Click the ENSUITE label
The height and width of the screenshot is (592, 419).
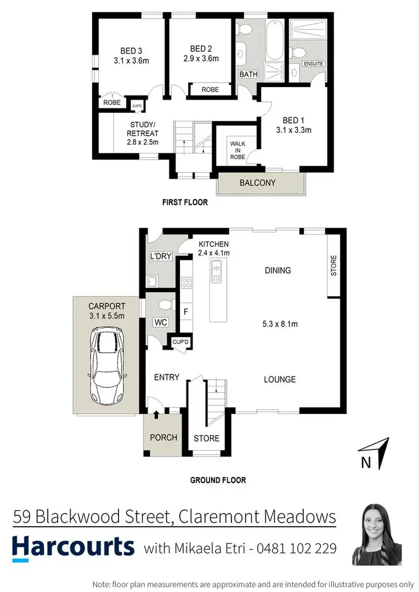pos(313,64)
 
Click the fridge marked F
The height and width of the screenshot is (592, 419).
pos(185,312)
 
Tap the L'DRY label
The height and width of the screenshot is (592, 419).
pos(160,256)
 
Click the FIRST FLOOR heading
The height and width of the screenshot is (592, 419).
pos(184,203)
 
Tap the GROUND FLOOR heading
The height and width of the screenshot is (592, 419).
pos(218,480)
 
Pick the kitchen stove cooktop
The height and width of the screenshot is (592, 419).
pos(186,283)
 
